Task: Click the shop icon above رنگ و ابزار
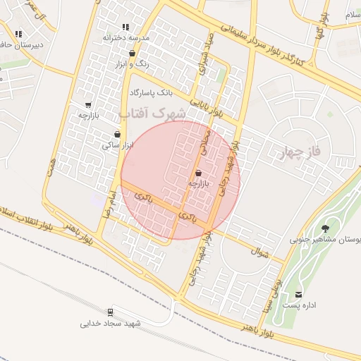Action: (x=133, y=53)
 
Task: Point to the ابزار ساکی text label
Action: (x=116, y=145)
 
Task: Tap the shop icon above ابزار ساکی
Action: (x=116, y=134)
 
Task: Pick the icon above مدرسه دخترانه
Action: (x=126, y=27)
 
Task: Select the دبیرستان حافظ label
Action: (x=21, y=44)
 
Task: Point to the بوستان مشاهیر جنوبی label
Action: (x=326, y=240)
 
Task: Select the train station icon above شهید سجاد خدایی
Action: (x=111, y=312)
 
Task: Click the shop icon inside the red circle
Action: (x=198, y=172)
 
